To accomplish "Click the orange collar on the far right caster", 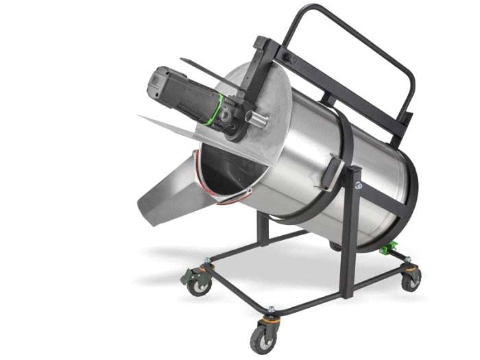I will pyautogui.click(x=410, y=268).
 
